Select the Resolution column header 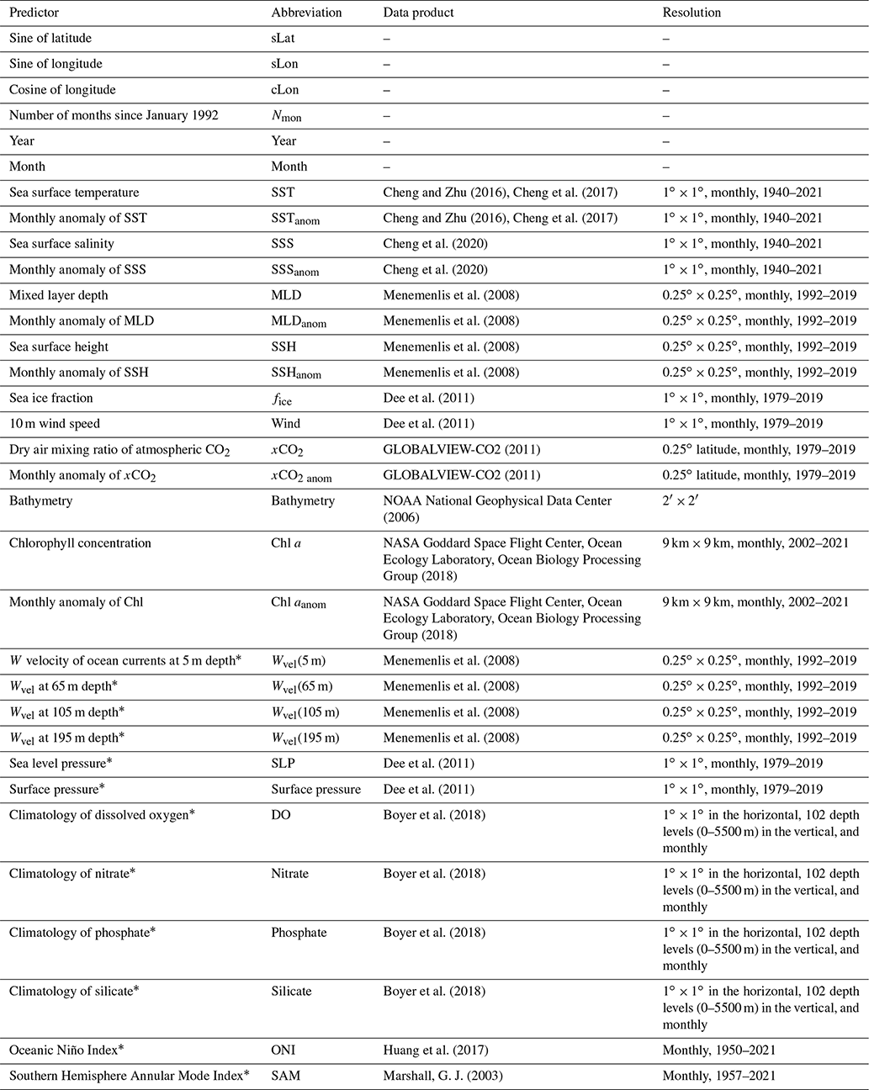coord(691,13)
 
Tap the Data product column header coord(419,13)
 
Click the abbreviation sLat coord(283,39)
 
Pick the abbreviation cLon coord(284,90)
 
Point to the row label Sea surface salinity coord(61,244)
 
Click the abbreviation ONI coord(283,1050)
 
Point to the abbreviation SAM coord(284,1076)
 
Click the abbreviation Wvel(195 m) coord(305,738)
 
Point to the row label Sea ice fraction coord(51,398)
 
